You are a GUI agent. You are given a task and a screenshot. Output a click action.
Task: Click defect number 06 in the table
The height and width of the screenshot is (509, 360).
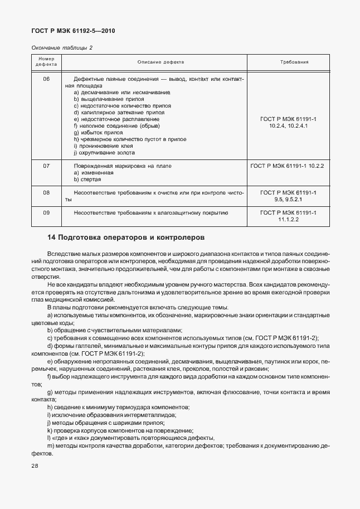(46, 79)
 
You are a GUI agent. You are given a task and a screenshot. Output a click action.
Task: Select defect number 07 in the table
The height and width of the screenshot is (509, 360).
(46, 166)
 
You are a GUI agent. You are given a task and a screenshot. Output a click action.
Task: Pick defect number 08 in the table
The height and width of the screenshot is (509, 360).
(46, 192)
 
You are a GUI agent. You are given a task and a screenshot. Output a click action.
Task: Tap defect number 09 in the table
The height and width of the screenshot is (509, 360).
(46, 213)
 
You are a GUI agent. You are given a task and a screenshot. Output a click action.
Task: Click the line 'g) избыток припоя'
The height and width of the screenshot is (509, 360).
(98, 133)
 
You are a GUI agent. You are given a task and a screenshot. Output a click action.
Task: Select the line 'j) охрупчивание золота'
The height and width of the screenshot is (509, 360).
(104, 153)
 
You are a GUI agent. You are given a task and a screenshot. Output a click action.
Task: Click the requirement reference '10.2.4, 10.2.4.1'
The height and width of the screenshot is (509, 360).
(288, 127)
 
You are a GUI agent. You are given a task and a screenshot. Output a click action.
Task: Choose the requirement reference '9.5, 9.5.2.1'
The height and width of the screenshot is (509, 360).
(288, 199)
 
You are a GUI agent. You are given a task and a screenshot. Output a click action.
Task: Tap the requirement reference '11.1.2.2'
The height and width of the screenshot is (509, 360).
(288, 220)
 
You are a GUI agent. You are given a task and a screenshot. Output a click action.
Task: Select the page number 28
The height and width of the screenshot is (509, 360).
(35, 464)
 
